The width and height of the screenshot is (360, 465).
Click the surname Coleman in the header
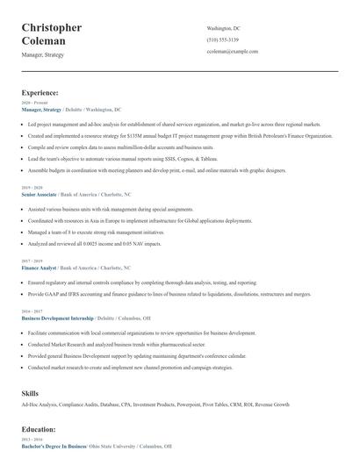45,40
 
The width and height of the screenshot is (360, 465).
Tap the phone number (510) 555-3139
222,39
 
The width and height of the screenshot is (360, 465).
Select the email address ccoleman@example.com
233,52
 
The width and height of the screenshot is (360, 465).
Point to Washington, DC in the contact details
223,28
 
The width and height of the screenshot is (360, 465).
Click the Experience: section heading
40,92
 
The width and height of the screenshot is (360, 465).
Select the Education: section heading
39,429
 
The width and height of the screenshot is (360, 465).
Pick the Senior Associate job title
39,193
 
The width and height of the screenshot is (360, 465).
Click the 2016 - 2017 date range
31,311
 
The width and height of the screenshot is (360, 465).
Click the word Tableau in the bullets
208,159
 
